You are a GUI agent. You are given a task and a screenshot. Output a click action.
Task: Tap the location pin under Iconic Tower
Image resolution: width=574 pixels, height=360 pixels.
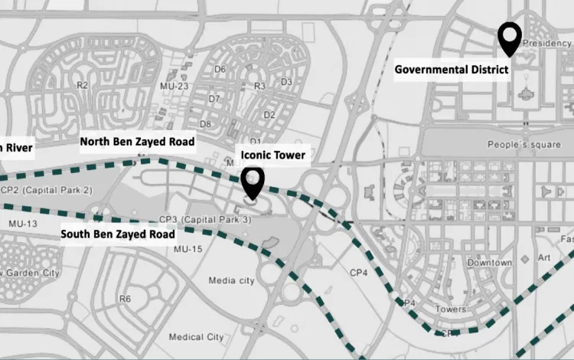tap(253, 182)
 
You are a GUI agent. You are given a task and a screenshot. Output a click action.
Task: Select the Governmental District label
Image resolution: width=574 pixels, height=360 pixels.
tap(452, 70)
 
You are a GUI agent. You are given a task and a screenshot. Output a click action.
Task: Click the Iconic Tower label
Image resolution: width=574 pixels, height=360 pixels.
tap(273, 155)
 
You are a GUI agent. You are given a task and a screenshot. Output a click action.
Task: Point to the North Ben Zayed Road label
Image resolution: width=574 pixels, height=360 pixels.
tap(138, 142)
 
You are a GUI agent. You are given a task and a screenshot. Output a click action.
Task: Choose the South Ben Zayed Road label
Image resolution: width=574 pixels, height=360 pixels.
tap(118, 234)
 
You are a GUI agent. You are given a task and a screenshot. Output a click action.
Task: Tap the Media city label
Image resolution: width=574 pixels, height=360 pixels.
tap(232, 281)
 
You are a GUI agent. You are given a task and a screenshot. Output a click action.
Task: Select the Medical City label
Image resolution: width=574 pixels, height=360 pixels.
tap(196, 337)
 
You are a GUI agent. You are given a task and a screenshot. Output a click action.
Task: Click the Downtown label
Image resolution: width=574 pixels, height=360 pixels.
tap(490, 263)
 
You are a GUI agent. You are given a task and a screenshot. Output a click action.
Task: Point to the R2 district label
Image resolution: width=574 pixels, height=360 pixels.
tap(83, 85)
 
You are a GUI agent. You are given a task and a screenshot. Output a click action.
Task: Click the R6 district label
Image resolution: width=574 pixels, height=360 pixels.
tap(126, 299)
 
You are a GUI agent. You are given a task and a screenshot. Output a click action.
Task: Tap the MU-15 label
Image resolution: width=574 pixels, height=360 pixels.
tap(188, 250)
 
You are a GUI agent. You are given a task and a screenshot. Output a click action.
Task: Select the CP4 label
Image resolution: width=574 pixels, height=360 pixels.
tap(360, 272)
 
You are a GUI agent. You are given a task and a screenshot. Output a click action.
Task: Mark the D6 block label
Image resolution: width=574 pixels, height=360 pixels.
tap(220, 69)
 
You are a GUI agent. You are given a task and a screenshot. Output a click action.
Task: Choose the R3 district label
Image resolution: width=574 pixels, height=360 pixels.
tap(260, 86)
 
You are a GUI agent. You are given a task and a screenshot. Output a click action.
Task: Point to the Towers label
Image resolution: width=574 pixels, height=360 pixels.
tap(450, 309)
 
